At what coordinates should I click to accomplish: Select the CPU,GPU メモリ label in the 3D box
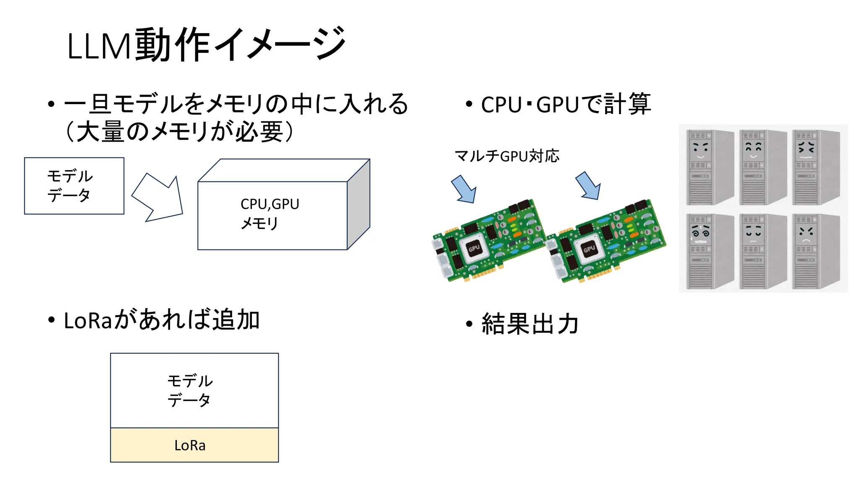pyautogui.click(x=270, y=213)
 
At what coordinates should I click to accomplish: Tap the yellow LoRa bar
pyautogui.click(x=194, y=445)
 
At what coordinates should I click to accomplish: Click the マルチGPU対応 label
pyautogui.click(x=507, y=156)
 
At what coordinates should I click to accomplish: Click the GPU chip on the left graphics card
pyautogui.click(x=474, y=248)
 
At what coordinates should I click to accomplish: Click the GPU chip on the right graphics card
pyautogui.click(x=589, y=249)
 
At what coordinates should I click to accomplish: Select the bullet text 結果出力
pyautogui.click(x=530, y=324)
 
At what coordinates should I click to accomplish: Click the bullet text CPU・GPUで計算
pyautogui.click(x=566, y=105)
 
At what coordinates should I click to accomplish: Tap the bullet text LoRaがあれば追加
pyautogui.click(x=162, y=320)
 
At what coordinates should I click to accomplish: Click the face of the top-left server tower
pyautogui.click(x=700, y=150)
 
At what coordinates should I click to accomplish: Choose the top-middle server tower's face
pyautogui.click(x=753, y=150)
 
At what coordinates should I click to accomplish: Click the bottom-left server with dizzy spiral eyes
pyautogui.click(x=700, y=232)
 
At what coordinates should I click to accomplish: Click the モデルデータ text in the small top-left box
pyautogui.click(x=70, y=186)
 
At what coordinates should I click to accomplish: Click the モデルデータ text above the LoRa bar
pyautogui.click(x=190, y=391)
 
